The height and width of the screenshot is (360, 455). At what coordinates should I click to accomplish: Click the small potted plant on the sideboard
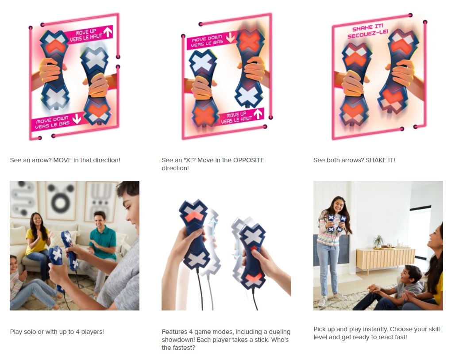(x=378, y=241)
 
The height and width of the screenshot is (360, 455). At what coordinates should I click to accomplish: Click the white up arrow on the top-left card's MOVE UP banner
(x=108, y=31)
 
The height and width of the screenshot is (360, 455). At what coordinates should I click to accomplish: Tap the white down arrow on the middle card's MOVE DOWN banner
(x=230, y=38)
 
